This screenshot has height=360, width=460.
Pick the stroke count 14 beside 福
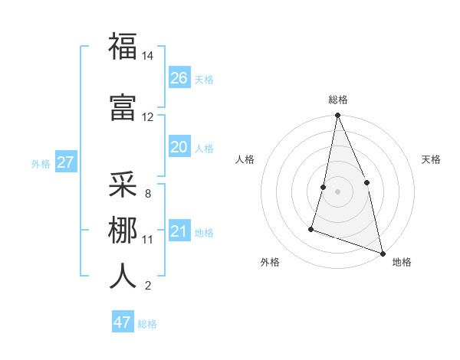point(148,56)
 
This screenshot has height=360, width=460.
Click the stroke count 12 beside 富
point(148,117)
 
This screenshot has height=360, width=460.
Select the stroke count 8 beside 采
point(148,193)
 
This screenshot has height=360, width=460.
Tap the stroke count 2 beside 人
point(148,286)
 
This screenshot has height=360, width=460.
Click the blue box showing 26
point(179,78)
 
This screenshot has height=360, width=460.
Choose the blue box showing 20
point(179,147)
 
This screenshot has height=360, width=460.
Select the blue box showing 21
point(179,231)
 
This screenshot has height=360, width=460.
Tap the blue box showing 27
point(65,162)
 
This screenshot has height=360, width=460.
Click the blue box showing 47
point(123,322)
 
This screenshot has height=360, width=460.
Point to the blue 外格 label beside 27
point(41,163)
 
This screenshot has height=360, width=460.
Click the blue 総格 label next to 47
point(147,324)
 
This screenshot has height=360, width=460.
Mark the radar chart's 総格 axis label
point(337,100)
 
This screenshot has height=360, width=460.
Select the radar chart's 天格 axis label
point(431,159)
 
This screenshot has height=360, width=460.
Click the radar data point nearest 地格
point(382,254)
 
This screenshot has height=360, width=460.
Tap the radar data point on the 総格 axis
point(337,116)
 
